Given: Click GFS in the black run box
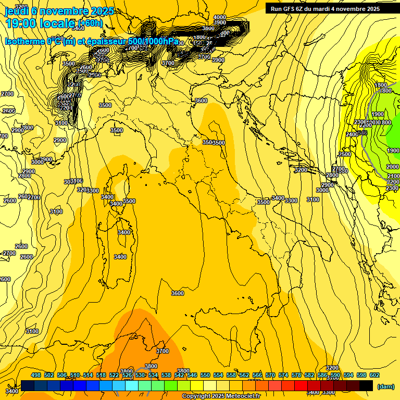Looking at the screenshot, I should click(x=292, y=9).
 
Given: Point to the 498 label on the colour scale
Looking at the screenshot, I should click(x=36, y=375).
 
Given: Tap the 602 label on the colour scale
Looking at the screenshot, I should click(x=374, y=375).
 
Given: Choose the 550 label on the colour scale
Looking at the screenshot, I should click(x=205, y=375).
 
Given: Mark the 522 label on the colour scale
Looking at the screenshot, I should click(x=114, y=375).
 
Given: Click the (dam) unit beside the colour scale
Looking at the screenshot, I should click(x=385, y=386).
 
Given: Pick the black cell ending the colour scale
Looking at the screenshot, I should click(x=366, y=385).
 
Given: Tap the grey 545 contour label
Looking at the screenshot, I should click(x=363, y=133).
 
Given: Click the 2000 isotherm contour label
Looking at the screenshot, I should click(x=393, y=167).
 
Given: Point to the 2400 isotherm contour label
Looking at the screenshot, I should click(x=352, y=134).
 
